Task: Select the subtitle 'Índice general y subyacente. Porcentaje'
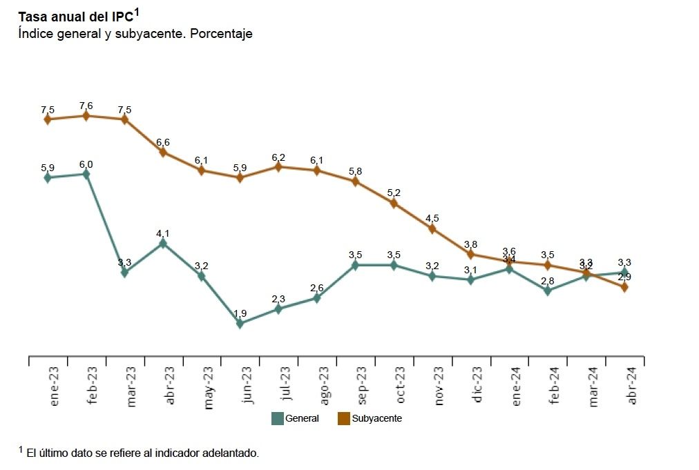click(x=135, y=34)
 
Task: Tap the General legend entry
click(x=295, y=418)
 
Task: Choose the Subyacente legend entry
click(x=369, y=418)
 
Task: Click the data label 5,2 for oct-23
click(x=394, y=193)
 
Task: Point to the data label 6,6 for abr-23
click(x=163, y=142)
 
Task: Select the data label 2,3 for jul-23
click(x=278, y=299)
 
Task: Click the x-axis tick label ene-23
click(x=55, y=386)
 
